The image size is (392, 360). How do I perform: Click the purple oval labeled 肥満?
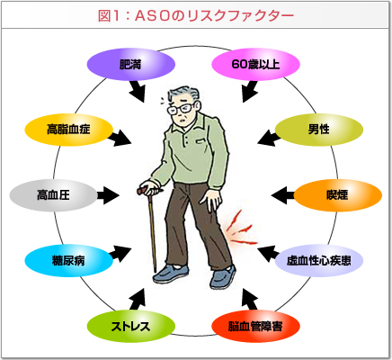[x=131, y=64]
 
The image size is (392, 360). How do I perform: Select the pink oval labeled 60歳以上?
[x=255, y=64]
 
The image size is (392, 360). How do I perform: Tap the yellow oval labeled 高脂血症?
[x=68, y=130]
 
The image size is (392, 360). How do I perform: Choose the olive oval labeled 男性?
[x=319, y=130]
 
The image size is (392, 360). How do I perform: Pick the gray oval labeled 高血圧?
[x=54, y=195]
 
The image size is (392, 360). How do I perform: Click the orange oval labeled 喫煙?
[x=338, y=195]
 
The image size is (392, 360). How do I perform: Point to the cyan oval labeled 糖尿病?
[x=68, y=260]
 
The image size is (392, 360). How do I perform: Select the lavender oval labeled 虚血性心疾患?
[x=319, y=260]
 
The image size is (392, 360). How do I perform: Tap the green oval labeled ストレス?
[x=131, y=326]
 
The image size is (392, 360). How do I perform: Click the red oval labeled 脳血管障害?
[x=255, y=326]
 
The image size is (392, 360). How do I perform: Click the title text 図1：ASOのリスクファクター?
[x=196, y=16]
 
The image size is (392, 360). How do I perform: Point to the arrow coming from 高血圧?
[x=108, y=195]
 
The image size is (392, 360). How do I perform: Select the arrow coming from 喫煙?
[x=283, y=195]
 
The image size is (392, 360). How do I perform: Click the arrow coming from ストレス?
[x=138, y=299]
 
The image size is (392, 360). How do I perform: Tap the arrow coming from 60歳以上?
[x=250, y=92]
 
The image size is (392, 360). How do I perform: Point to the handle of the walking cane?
[x=147, y=191]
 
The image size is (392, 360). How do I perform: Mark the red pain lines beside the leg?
[x=240, y=228]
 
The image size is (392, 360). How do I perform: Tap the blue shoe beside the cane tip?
[x=171, y=274]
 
